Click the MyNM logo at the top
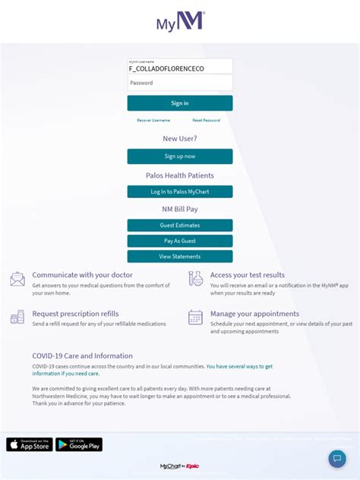[180, 21]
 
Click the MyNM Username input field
[180, 67]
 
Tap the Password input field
[180, 84]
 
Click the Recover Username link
[153, 121]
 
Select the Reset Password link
[206, 121]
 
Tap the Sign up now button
[180, 156]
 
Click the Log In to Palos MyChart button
[180, 192]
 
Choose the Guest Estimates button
[180, 226]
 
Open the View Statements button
[180, 257]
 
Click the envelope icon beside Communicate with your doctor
[17, 279]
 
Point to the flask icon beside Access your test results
[196, 279]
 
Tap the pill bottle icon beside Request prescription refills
[17, 317]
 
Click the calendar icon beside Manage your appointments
[196, 317]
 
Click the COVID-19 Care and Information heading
[82, 355]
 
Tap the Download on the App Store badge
[30, 445]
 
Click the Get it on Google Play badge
[79, 445]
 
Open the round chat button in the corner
[337, 459]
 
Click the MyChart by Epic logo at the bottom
[180, 466]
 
